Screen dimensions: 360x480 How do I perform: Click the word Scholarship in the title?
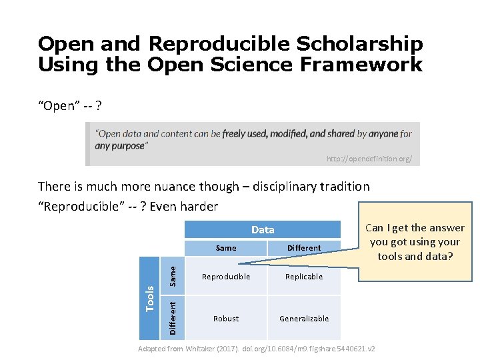tap(360, 45)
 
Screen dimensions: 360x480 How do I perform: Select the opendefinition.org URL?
tap(369, 159)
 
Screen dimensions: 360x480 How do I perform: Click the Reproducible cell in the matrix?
tap(226, 277)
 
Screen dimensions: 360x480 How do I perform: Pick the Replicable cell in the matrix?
tap(304, 277)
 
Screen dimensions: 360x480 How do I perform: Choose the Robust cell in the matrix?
tap(226, 319)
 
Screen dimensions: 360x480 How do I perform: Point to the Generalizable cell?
tap(304, 319)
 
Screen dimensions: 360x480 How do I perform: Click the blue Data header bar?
tap(263, 230)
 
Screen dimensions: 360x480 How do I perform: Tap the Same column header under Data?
tap(226, 248)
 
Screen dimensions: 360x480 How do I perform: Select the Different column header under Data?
tap(304, 248)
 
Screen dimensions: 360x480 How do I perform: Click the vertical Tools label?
tap(150, 297)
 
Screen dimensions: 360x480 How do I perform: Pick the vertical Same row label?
tap(172, 276)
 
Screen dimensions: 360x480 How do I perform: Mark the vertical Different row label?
tap(172, 318)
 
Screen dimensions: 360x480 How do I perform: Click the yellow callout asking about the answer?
tap(415, 242)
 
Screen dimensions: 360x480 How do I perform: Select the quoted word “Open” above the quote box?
tap(59, 107)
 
